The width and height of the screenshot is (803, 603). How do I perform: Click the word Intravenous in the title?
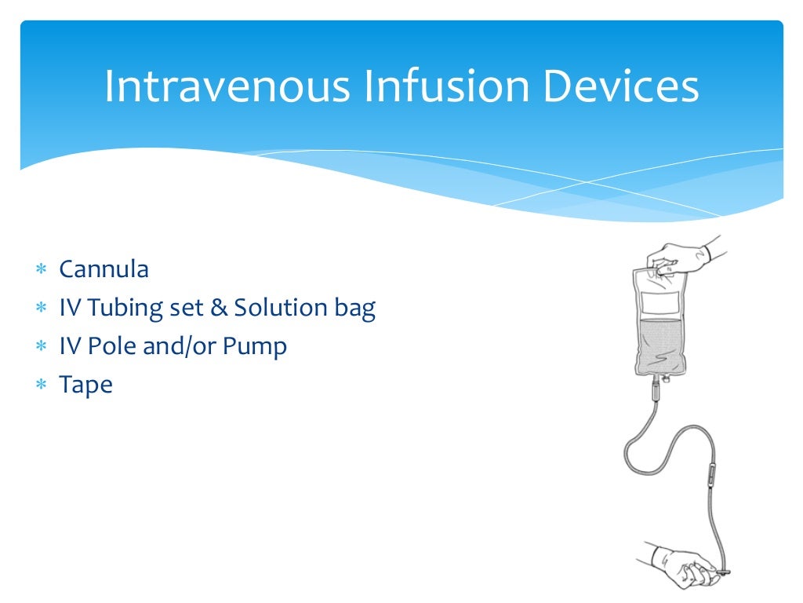[x=227, y=86]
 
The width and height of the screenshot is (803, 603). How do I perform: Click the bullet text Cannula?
[x=104, y=269]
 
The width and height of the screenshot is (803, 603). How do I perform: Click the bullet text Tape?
[x=86, y=385]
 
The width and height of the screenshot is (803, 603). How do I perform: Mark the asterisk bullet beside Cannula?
[x=41, y=270]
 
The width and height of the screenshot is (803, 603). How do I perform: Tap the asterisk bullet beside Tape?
[x=41, y=386]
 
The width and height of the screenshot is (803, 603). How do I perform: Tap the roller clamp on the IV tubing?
[x=712, y=474]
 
